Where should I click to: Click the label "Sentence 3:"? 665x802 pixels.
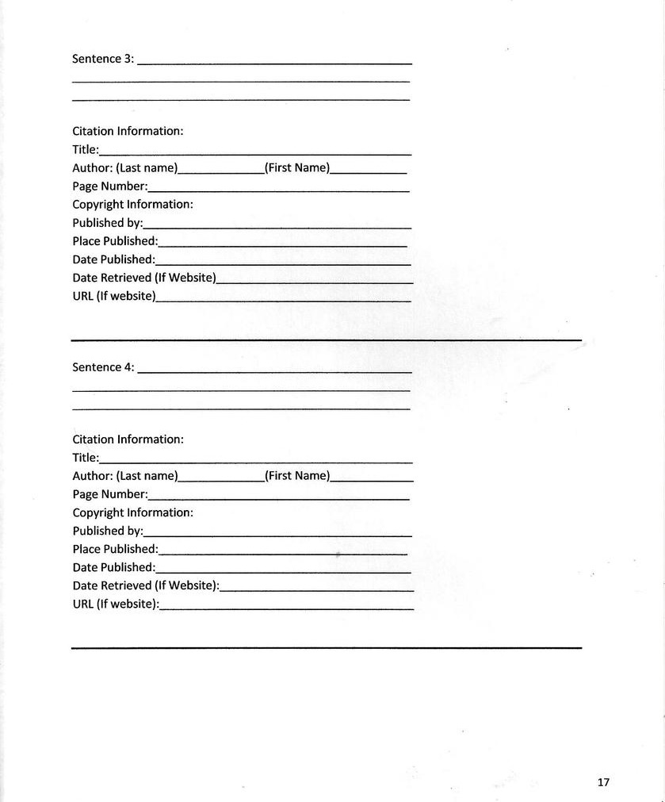click(x=103, y=59)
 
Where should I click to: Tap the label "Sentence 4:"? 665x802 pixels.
click(x=103, y=367)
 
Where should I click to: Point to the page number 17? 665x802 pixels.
click(x=603, y=782)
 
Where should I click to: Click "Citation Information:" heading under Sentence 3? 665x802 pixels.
click(x=128, y=131)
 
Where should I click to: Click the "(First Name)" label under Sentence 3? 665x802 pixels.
click(x=297, y=168)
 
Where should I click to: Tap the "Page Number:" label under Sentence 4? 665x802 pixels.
click(x=110, y=494)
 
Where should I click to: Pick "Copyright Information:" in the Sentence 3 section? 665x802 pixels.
click(x=132, y=205)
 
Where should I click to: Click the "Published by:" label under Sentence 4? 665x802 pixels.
click(x=108, y=531)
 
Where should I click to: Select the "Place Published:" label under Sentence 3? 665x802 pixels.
click(x=115, y=241)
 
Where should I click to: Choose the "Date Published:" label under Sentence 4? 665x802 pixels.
click(x=114, y=567)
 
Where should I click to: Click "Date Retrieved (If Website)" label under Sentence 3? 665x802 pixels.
click(x=144, y=278)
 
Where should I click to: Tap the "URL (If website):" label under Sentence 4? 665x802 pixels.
click(x=116, y=604)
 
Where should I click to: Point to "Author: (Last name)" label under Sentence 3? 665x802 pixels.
click(x=125, y=168)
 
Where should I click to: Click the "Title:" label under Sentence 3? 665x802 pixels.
click(x=86, y=150)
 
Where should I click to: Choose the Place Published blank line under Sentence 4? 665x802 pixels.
click(x=283, y=551)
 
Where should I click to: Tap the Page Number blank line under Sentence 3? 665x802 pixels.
click(x=278, y=190)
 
